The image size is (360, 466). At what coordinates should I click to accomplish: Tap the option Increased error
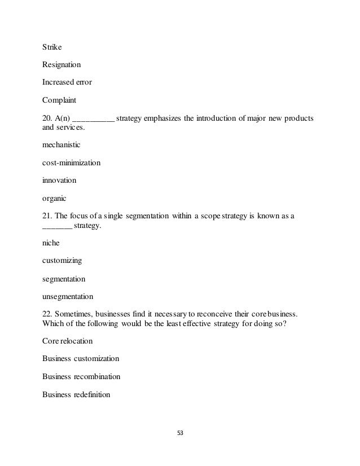pyautogui.click(x=67, y=82)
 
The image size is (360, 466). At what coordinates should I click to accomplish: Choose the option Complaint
pyautogui.click(x=59, y=100)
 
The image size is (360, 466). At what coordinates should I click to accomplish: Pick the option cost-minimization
pyautogui.click(x=72, y=163)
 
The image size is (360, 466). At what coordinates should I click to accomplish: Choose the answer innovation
pyautogui.click(x=59, y=181)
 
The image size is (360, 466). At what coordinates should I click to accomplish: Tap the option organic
pyautogui.click(x=55, y=199)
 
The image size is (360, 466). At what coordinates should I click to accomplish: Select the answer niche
pyautogui.click(x=51, y=243)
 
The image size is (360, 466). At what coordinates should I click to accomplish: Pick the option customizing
pyautogui.click(x=62, y=261)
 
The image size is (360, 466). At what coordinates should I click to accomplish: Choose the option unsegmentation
pyautogui.click(x=68, y=296)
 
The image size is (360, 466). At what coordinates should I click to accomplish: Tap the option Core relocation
pyautogui.click(x=68, y=341)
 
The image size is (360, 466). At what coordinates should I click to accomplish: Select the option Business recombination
pyautogui.click(x=81, y=376)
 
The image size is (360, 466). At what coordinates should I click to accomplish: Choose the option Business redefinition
pyautogui.click(x=76, y=394)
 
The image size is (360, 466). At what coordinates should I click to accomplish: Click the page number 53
pyautogui.click(x=181, y=433)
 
